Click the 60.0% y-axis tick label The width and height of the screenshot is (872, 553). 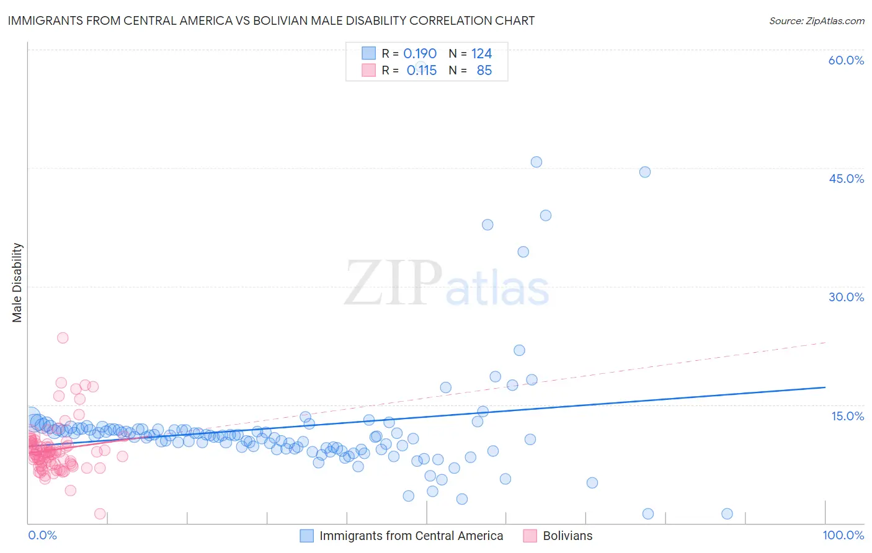[846, 60]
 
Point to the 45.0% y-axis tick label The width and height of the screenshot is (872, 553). [846, 179]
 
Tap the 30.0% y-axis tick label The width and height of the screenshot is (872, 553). [846, 297]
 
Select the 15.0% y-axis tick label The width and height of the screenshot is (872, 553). [847, 416]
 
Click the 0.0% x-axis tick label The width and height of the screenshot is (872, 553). [42, 535]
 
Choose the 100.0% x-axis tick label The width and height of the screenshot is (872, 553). [843, 535]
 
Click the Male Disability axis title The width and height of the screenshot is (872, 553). [17, 283]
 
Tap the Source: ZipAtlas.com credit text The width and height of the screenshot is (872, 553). [816, 20]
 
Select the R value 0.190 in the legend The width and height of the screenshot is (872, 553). [420, 54]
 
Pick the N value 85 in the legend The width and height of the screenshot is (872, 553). [484, 71]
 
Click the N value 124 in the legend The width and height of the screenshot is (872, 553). [481, 54]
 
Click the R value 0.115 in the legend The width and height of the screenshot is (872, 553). [421, 71]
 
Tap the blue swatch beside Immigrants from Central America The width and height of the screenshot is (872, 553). [306, 536]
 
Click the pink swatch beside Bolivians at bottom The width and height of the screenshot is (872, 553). [530, 536]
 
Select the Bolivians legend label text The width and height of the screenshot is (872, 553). [567, 536]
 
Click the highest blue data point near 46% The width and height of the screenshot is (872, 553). [536, 162]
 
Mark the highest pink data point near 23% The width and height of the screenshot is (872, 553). [63, 338]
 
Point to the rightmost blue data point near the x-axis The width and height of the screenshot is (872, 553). [727, 513]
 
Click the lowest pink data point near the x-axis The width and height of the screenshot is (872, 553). [100, 513]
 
